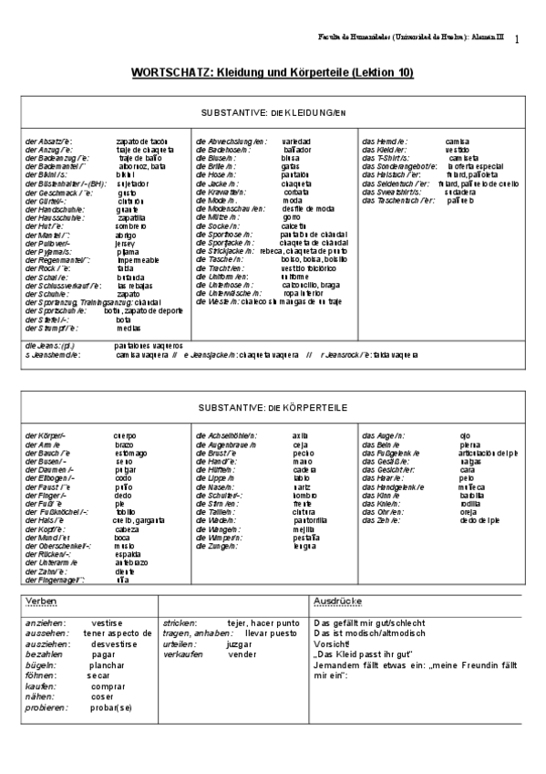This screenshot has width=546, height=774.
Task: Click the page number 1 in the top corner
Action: pos(517,39)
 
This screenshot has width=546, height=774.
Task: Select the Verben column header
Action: pos(43,602)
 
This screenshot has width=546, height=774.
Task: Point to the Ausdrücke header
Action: pos(338,602)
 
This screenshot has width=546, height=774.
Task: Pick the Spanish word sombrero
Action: pos(132,225)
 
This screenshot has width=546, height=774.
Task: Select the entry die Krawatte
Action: pos(218,193)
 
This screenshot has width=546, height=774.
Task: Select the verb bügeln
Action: pos(41,665)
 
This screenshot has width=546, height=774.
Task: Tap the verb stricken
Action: pos(180,622)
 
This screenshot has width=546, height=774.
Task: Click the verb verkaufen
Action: pos(184,654)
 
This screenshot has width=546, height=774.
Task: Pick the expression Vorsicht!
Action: pos(331,643)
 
